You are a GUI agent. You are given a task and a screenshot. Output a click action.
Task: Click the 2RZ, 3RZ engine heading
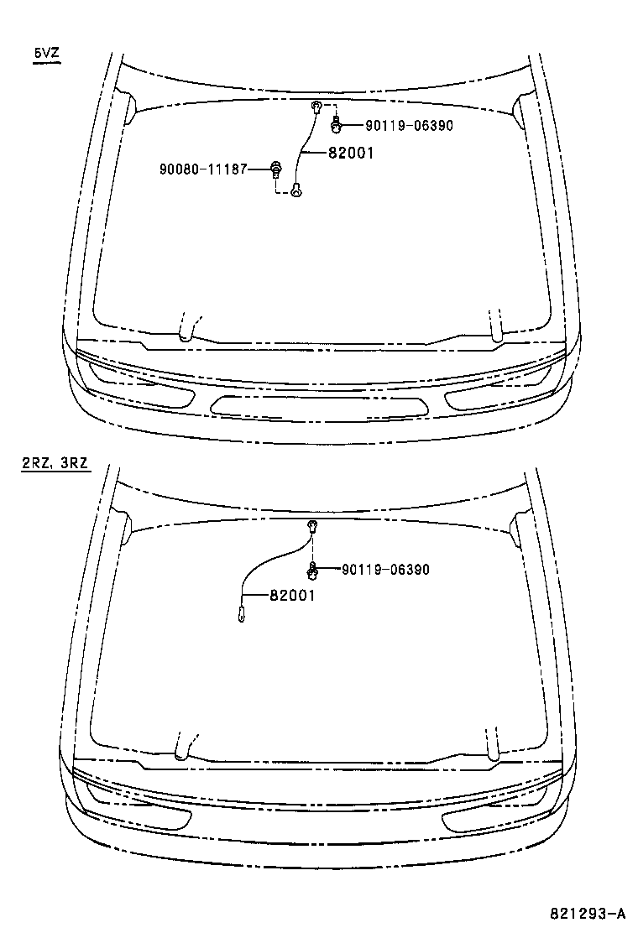55,463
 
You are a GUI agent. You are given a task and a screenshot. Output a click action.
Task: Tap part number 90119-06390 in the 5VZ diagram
409,126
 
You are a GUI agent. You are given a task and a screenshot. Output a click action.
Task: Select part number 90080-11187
203,169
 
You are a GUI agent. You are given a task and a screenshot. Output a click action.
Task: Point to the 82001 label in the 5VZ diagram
351,153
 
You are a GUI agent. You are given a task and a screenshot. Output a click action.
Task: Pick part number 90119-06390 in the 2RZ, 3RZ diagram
385,570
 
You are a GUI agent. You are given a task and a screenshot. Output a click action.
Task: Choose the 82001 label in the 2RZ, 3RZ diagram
292,595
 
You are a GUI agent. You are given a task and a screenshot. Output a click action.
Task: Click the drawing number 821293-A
588,914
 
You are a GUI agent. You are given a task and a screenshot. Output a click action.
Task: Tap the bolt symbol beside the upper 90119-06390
337,125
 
